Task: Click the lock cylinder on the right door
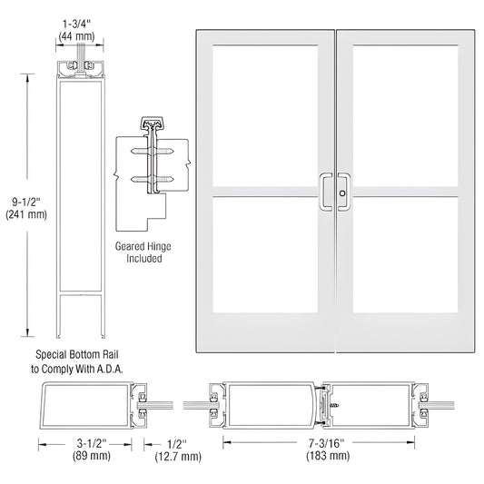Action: click(x=342, y=193)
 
